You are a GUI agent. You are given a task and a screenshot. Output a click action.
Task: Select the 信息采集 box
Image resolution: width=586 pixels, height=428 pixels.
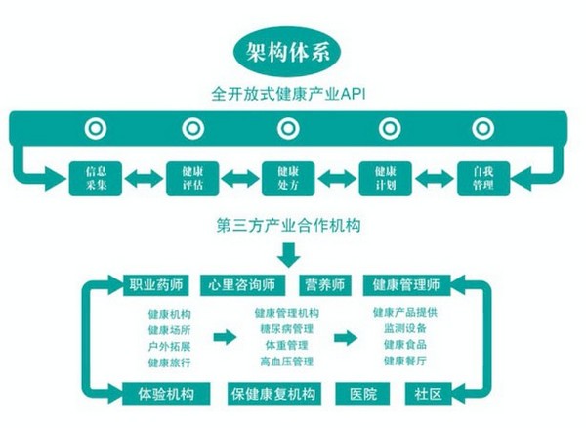pos(95,176)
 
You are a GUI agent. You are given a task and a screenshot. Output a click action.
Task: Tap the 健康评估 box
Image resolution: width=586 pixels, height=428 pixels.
pos(191,176)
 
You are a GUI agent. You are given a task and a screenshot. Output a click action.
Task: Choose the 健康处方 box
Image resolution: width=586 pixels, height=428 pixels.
pos(288,176)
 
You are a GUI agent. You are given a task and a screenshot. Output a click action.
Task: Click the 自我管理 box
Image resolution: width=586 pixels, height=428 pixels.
pos(482,176)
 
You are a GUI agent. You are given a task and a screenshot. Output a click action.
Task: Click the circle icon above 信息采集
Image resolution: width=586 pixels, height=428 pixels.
pos(95,127)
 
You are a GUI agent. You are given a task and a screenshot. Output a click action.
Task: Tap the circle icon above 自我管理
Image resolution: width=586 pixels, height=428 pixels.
pos(482,127)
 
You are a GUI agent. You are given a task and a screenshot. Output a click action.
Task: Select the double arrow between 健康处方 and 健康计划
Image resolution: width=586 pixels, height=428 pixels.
pos(337,177)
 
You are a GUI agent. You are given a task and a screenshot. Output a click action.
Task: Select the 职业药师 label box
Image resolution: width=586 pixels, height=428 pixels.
pos(156,284)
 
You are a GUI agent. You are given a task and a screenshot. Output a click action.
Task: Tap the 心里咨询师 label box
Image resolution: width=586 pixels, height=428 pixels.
pos(242,284)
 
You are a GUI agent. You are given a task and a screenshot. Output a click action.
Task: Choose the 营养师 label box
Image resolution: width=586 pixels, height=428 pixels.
pos(324,284)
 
